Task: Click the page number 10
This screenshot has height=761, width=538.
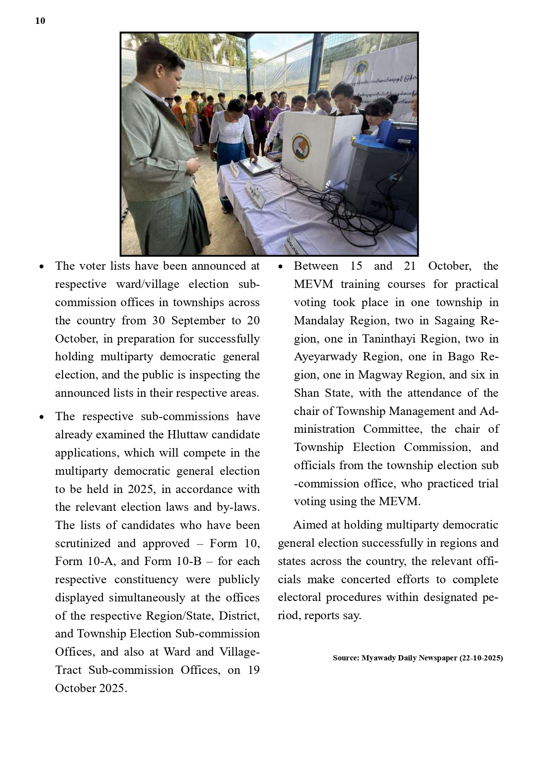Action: [x=40, y=21]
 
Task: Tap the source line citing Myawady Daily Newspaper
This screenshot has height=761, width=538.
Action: [x=417, y=658]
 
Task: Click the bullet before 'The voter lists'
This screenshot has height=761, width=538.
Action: [x=42, y=267]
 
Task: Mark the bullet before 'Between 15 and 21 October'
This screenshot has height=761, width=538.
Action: [x=280, y=267]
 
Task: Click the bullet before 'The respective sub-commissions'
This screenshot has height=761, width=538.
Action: [x=42, y=417]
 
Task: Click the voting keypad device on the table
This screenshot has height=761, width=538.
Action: [x=257, y=165]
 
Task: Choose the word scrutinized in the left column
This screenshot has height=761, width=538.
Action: [x=93, y=543]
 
